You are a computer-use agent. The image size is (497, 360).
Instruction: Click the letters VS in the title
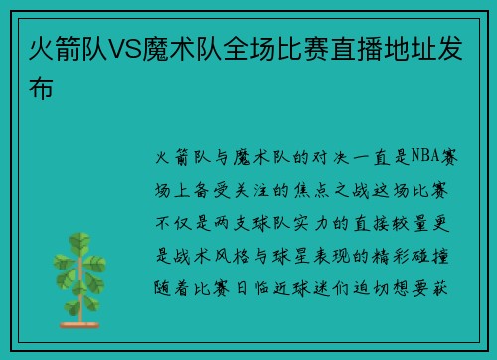125,50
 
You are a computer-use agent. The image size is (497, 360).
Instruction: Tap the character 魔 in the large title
156,50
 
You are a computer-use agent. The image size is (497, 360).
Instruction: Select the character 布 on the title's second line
41,88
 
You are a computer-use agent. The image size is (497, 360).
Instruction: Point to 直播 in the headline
357,50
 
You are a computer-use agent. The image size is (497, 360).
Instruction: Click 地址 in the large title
410,50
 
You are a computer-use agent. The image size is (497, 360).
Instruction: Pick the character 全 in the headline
237,50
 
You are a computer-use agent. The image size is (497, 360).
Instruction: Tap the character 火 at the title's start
42,50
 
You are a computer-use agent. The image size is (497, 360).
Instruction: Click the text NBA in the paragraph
425,156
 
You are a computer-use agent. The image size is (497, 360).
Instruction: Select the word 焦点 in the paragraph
311,190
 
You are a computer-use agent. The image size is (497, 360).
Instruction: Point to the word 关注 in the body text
251,190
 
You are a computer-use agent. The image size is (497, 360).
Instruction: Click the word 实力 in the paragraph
311,223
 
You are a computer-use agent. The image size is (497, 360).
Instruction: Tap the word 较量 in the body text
411,223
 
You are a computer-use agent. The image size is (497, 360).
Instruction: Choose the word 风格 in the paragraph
232,256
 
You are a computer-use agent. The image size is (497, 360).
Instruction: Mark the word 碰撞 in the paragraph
430,256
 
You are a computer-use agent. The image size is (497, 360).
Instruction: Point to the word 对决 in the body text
331,157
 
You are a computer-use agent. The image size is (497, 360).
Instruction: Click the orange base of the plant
80,325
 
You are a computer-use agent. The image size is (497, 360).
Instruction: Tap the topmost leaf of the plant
80,240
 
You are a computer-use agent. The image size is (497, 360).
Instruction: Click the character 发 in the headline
450,50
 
